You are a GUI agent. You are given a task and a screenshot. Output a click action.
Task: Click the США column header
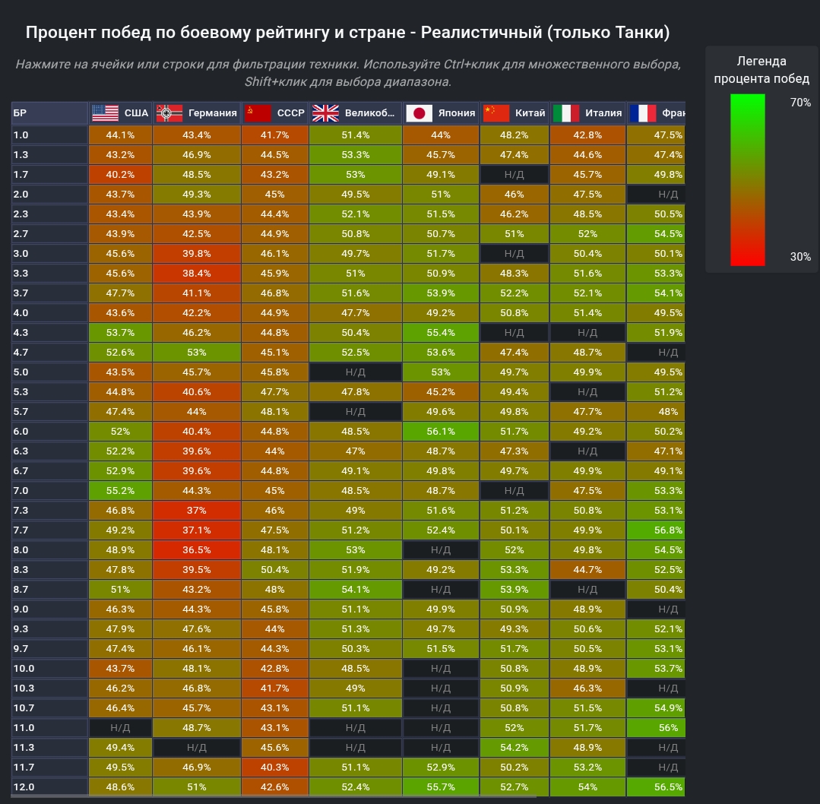[x=120, y=113]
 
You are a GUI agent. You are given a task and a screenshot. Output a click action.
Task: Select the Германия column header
[x=197, y=113]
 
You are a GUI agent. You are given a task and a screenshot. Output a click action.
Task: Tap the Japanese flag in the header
[x=418, y=113]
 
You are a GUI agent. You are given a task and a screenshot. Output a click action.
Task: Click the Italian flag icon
[x=565, y=113]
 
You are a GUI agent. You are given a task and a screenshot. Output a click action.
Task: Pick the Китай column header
[x=514, y=113]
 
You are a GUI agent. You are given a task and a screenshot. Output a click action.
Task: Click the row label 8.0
[x=21, y=550]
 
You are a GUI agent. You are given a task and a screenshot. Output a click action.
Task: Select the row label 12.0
[x=24, y=787]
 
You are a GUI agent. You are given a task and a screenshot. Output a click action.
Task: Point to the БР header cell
[x=21, y=113]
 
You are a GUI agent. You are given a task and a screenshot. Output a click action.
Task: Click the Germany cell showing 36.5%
[x=196, y=550]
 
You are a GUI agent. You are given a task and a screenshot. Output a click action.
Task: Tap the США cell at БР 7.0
[x=120, y=491]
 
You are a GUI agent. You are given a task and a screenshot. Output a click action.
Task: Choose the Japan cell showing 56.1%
[x=441, y=432]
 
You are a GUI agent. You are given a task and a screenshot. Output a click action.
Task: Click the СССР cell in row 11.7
[x=274, y=768]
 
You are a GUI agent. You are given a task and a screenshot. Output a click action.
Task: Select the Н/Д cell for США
[x=120, y=728]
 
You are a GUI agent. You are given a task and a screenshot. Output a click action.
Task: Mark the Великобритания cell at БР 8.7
[x=356, y=590]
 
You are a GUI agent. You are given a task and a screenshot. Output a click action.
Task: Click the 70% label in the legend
[x=800, y=103]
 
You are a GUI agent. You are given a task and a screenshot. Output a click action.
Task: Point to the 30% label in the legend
[x=800, y=257]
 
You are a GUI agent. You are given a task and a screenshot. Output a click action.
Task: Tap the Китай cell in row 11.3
[x=514, y=748]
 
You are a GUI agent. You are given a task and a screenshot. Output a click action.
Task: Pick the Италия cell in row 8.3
[x=587, y=570]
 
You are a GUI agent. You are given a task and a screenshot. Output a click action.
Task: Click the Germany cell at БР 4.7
[x=196, y=353]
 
